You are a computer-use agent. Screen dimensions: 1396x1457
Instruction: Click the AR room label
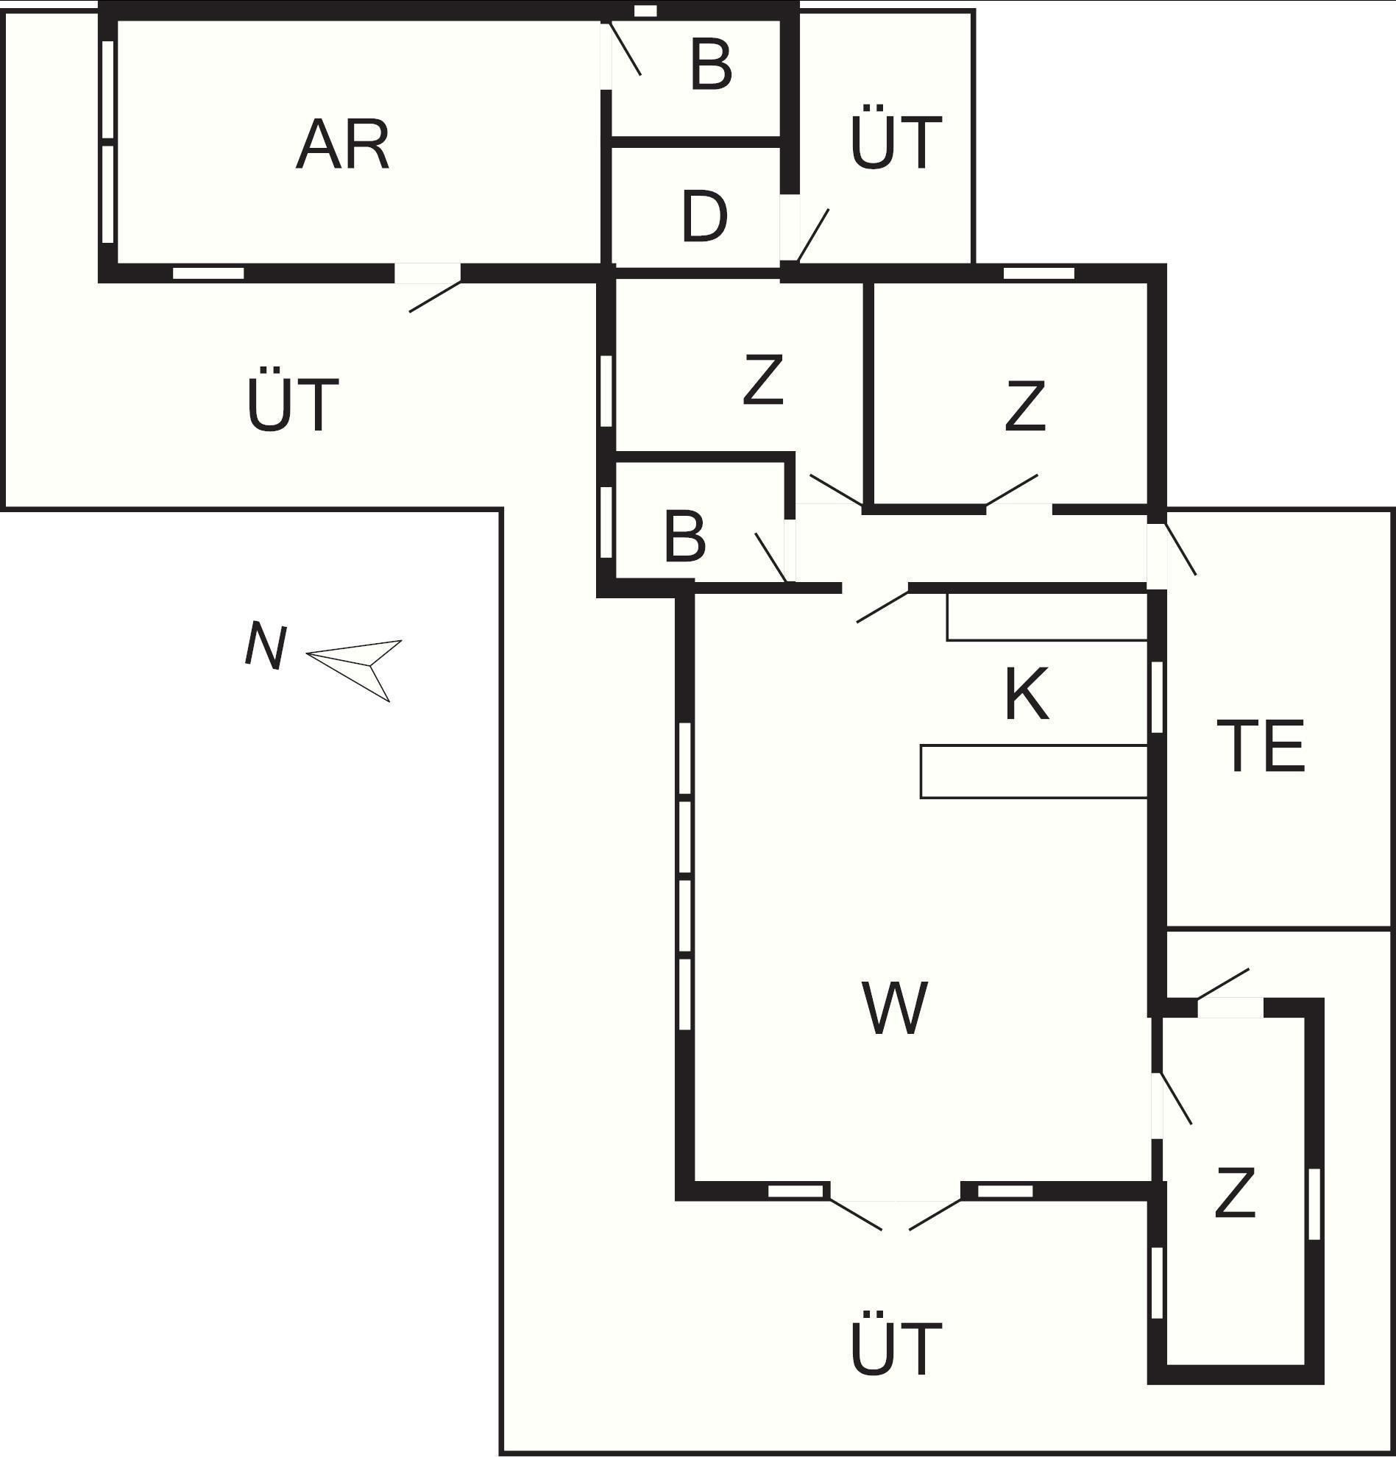[343, 144]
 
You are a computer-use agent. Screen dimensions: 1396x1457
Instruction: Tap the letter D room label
[704, 217]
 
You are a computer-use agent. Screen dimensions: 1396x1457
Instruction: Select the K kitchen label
[1027, 694]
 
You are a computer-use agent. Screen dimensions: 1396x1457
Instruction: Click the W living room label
[895, 1007]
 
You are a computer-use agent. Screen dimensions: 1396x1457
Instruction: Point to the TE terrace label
[1261, 745]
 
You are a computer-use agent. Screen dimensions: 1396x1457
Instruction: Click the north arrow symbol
[354, 670]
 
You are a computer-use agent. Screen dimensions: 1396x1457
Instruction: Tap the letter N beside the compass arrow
[266, 645]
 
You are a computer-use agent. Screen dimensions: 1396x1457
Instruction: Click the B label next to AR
[711, 65]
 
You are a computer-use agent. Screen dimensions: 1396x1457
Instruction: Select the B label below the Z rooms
[684, 536]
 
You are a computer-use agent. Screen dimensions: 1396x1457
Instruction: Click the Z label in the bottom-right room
[1235, 1193]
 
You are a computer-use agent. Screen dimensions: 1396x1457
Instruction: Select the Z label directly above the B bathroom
[763, 379]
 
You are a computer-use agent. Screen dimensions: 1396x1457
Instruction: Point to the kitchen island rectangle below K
[1034, 772]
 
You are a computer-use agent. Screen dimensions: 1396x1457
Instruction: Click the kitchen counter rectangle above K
[1047, 616]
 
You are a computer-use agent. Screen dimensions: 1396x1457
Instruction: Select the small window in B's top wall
[645, 10]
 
